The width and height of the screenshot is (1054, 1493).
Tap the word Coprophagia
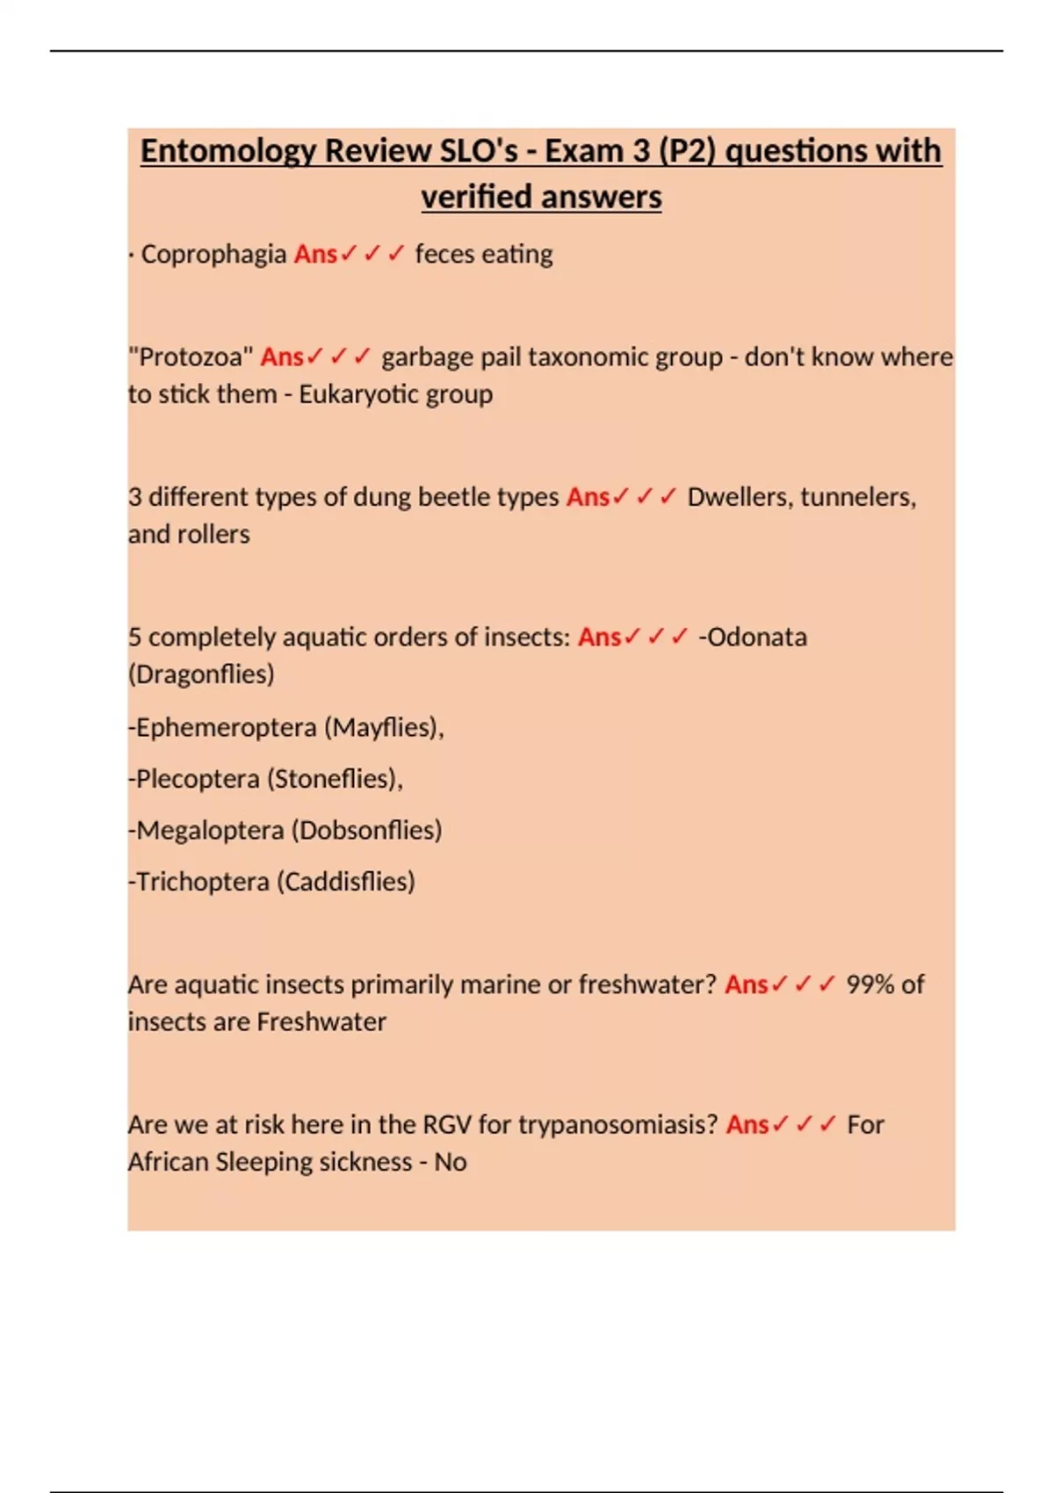tap(213, 255)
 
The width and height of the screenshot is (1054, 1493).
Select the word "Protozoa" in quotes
tap(191, 357)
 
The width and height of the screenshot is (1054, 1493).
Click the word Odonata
tap(756, 637)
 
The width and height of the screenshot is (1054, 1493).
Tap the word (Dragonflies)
tap(201, 674)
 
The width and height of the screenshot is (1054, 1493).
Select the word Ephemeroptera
tap(226, 728)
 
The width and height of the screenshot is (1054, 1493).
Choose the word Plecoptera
tap(198, 779)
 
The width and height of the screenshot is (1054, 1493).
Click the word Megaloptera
tap(210, 830)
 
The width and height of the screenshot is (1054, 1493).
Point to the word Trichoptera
tap(202, 882)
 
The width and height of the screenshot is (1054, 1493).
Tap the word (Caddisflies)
tap(346, 882)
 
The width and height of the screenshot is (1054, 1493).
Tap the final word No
tap(451, 1163)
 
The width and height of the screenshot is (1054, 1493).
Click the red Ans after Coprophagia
tap(315, 255)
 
